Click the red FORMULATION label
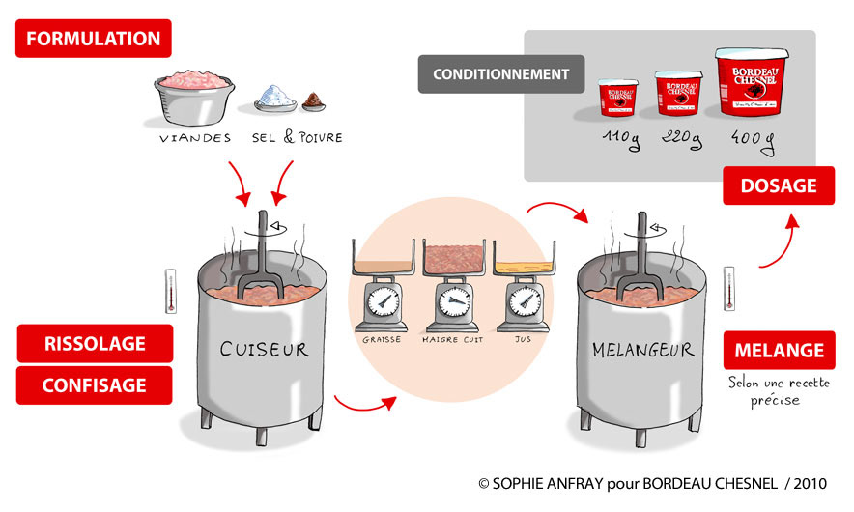click(x=94, y=40)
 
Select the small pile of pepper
click(x=314, y=100)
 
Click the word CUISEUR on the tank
click(x=264, y=349)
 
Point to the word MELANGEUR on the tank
click(x=642, y=349)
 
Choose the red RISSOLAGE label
click(x=95, y=343)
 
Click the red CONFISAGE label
click(x=95, y=384)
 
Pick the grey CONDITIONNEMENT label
click(x=501, y=74)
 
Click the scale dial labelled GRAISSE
click(x=384, y=301)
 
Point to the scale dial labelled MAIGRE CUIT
click(x=452, y=302)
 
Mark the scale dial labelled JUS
click(x=523, y=301)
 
